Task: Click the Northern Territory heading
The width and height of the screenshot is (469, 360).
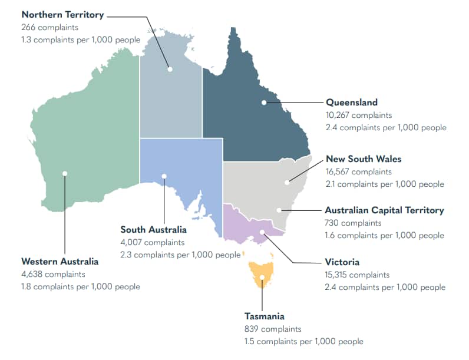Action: click(62, 15)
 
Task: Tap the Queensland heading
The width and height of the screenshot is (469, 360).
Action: click(352, 103)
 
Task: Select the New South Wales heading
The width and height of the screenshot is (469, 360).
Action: click(364, 159)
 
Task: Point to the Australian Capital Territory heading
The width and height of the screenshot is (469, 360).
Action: click(384, 210)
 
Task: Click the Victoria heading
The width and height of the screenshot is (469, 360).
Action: click(342, 262)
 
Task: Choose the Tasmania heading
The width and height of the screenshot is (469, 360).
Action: click(265, 316)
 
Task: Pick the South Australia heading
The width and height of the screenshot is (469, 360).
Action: click(153, 229)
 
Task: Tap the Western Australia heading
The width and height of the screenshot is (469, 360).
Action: click(60, 261)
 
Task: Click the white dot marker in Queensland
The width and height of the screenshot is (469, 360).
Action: click(264, 103)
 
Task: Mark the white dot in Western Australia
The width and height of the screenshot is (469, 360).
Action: click(65, 173)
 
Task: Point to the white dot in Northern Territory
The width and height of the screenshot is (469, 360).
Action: click(170, 69)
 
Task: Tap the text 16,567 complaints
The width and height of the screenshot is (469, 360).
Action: click(358, 172)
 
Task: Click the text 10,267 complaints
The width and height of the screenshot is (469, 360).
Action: click(358, 115)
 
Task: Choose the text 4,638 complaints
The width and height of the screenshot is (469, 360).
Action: click(53, 274)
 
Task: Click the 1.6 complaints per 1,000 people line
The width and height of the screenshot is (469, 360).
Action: click(384, 236)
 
